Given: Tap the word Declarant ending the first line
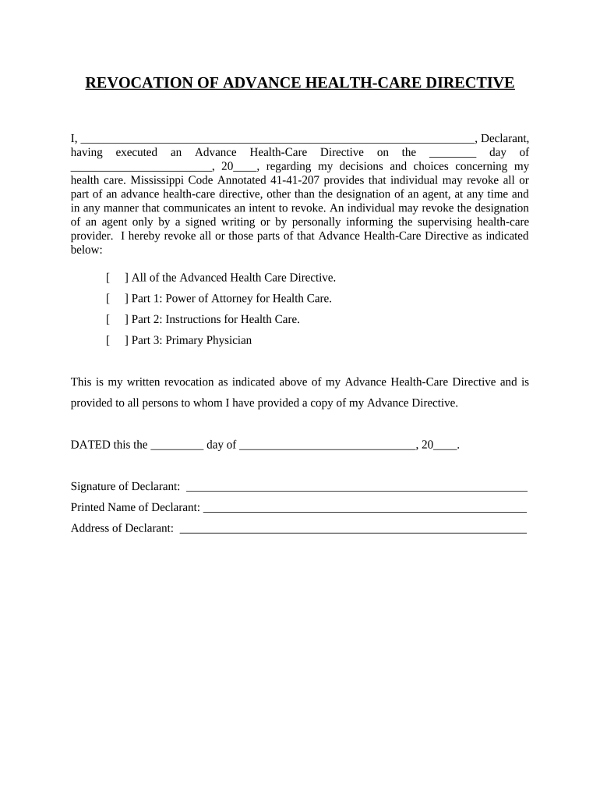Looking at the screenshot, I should pos(504,138).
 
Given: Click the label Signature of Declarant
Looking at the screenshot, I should pos(125,487).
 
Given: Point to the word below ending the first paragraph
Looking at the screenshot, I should pos(86,250).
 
